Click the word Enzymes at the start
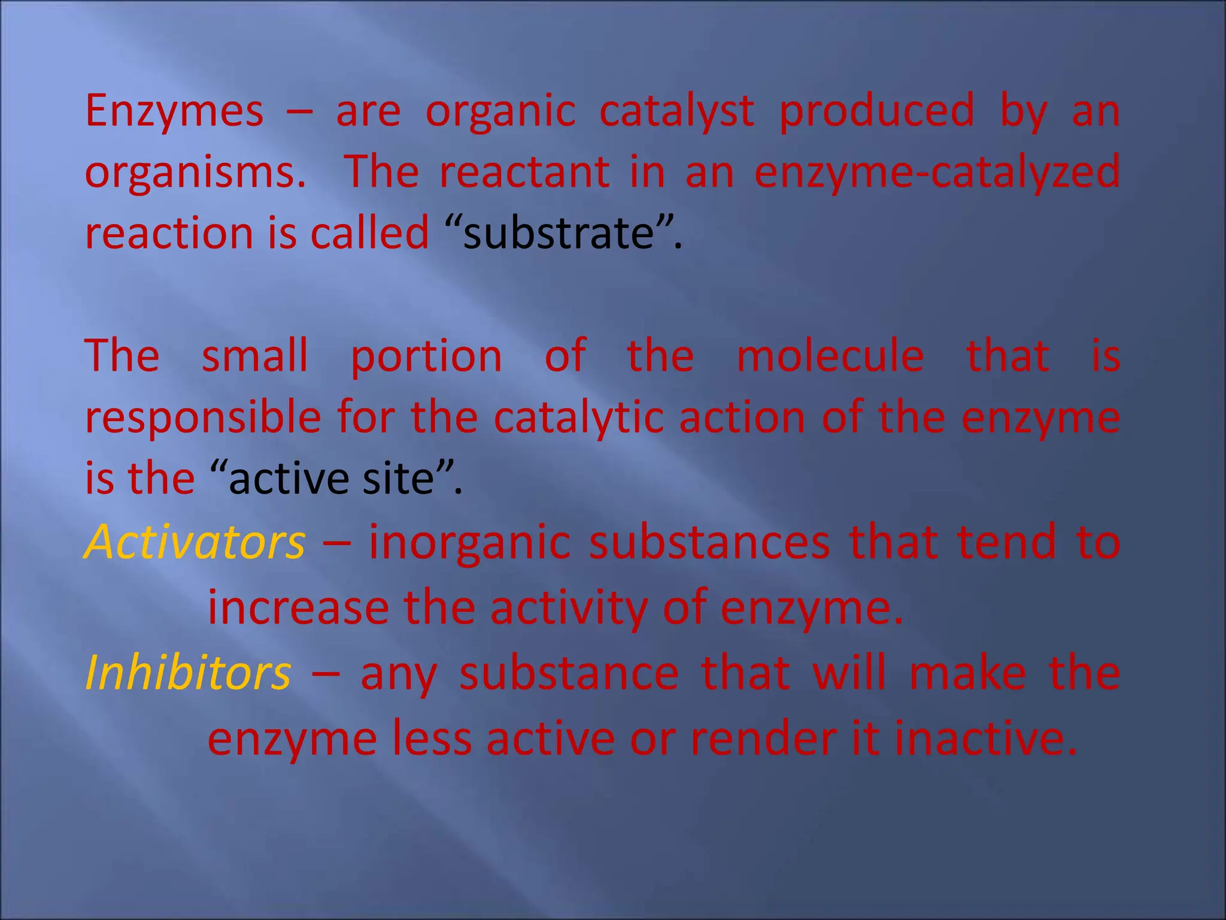coord(174,112)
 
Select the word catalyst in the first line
coord(676,112)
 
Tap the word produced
coord(876,112)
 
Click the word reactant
coord(524,172)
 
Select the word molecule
coord(830,356)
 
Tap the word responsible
coord(203,418)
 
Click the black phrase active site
coord(331,479)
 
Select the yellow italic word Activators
coord(195,542)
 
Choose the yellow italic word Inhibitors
coord(188,673)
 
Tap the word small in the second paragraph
coord(254,356)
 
